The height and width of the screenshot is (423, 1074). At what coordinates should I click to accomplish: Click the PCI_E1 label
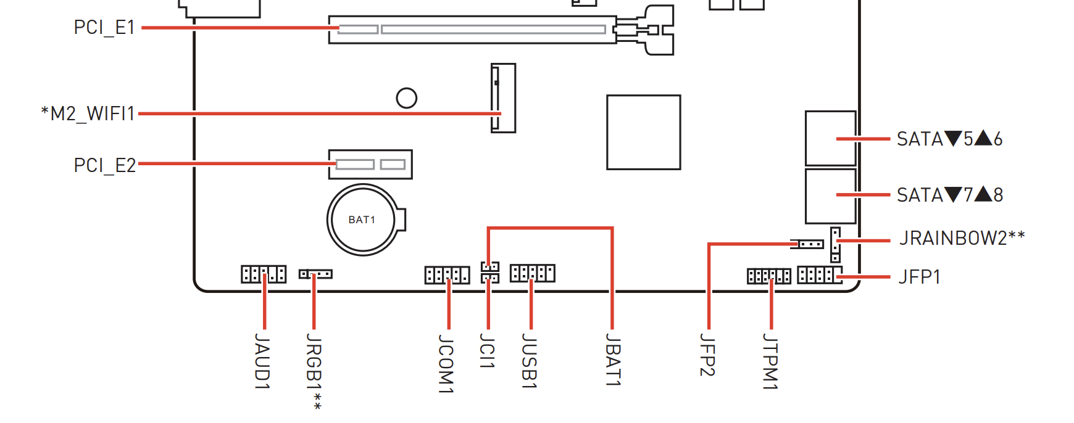(104, 28)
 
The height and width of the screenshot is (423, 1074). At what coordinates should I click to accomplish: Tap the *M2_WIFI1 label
(88, 113)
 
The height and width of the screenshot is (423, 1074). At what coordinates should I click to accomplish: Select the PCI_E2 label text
(104, 165)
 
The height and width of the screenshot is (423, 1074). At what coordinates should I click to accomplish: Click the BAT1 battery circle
(362, 220)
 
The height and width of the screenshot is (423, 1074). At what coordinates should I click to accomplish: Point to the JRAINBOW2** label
(962, 238)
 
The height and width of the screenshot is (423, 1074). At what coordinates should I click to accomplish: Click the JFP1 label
(919, 277)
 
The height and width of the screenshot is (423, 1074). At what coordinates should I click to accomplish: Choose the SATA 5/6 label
(949, 139)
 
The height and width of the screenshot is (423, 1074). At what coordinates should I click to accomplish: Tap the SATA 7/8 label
(949, 195)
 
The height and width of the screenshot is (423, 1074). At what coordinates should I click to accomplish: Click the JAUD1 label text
(263, 361)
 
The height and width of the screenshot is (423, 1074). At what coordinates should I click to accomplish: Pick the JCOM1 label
(446, 363)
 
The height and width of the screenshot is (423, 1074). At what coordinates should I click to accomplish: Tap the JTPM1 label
(770, 361)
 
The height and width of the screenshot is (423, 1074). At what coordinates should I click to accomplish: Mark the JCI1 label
(488, 351)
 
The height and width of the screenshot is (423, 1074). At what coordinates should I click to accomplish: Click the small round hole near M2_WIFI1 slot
(406, 98)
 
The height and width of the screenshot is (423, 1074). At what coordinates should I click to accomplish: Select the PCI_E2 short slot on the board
(370, 165)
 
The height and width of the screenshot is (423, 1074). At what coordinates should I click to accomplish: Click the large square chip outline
(643, 132)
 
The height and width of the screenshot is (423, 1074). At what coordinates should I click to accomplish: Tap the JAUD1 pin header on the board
(264, 274)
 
